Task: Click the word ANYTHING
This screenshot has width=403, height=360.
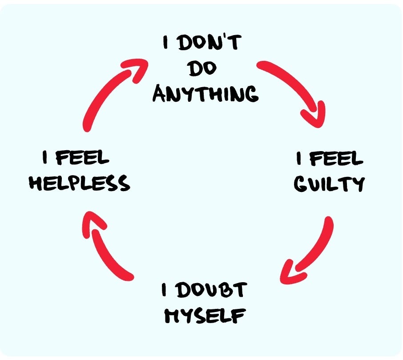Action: (x=206, y=93)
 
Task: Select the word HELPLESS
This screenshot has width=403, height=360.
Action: (x=80, y=183)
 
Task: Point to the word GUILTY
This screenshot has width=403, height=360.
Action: (x=329, y=184)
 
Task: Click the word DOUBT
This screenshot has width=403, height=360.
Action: (x=212, y=290)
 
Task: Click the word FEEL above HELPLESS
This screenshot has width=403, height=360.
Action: (x=82, y=157)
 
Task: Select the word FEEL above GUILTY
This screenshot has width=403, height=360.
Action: (x=336, y=158)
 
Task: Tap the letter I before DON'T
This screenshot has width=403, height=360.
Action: (x=166, y=42)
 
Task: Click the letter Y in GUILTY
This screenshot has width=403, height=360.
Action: (x=358, y=184)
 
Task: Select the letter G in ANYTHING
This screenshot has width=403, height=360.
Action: (x=251, y=94)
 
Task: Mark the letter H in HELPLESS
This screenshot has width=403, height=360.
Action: (x=36, y=183)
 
